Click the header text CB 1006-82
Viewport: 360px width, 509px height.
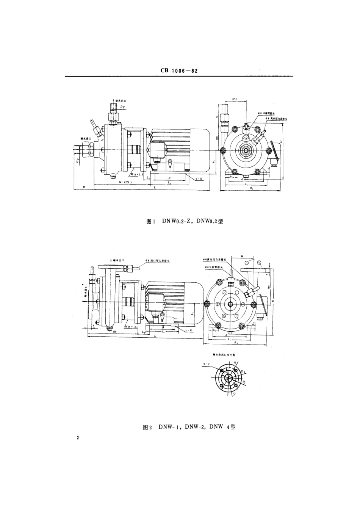tap(180, 70)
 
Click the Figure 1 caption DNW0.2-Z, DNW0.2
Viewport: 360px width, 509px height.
tap(185, 221)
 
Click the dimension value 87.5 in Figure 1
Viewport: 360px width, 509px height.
tap(233, 100)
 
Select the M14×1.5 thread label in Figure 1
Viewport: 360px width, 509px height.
tap(136, 174)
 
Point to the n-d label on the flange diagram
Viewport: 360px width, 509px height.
tap(206, 364)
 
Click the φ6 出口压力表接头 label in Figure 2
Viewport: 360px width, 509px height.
tap(159, 261)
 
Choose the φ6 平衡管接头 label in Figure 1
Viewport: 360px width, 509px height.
tap(259, 113)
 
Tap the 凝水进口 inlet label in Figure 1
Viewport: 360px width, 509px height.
tap(87, 139)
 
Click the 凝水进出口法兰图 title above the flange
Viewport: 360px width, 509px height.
tap(224, 355)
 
